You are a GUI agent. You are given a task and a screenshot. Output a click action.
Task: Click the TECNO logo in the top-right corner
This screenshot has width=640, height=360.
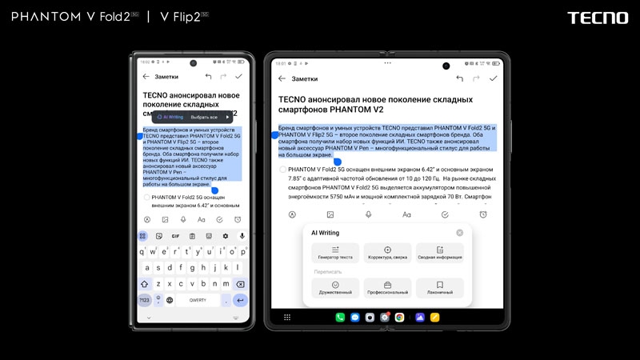coord(598,18)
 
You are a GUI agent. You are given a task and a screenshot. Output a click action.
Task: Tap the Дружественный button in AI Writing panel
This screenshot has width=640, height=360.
coord(335,288)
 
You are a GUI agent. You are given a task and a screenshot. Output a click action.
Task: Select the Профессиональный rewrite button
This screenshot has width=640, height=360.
coord(387,288)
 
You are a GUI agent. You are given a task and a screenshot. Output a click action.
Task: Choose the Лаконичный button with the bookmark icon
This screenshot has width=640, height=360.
coord(439,288)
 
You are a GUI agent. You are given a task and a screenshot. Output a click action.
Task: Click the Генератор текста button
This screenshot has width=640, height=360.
coord(335,253)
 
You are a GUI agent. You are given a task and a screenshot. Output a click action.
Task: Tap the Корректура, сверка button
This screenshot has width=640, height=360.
coord(387,253)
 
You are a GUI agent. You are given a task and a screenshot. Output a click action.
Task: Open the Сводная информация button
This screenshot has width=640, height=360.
coord(439,253)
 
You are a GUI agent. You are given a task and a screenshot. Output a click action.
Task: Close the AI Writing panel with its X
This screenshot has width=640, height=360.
coord(459,233)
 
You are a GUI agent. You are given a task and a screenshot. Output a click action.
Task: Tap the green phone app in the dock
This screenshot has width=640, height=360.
coord(340,318)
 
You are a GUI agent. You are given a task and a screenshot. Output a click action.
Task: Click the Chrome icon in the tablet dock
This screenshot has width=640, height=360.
coord(399,318)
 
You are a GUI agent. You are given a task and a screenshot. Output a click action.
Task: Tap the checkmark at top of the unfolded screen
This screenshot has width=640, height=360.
coord(494,78)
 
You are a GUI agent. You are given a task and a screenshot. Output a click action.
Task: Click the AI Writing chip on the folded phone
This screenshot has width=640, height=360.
coord(170,117)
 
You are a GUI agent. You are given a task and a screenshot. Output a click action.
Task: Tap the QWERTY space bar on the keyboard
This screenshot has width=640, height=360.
coord(198,300)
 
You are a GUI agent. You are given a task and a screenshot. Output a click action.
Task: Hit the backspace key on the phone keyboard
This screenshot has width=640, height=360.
coord(240,284)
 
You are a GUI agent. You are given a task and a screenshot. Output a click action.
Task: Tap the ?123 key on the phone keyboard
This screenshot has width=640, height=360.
coord(144,300)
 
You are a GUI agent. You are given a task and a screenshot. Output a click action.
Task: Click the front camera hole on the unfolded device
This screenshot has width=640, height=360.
coord(446,66)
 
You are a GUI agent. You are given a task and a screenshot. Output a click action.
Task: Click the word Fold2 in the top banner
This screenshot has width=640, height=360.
coord(114,17)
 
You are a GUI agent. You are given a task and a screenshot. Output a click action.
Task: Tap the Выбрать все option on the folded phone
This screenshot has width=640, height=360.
coord(204,117)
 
